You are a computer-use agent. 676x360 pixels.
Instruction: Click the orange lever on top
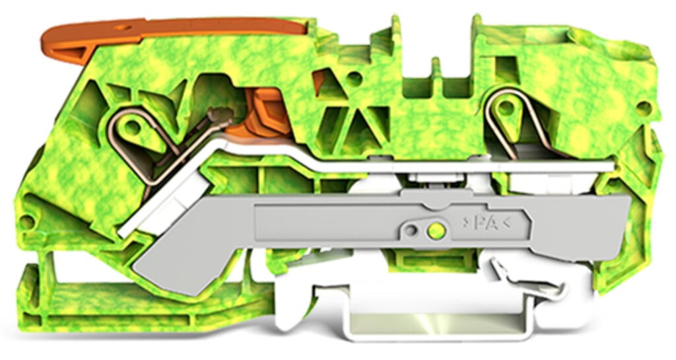pos(198,28)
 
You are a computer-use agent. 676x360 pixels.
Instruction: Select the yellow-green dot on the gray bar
pos(433,231)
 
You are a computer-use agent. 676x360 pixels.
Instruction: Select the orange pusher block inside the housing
pos(264,112)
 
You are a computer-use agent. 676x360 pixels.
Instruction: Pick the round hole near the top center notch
pos(355,78)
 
